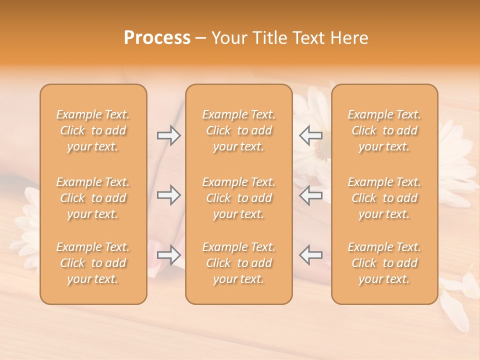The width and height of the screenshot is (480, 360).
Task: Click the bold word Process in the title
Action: click(x=157, y=38)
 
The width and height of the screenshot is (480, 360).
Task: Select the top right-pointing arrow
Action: click(x=168, y=135)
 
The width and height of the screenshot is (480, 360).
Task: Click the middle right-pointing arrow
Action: click(x=168, y=195)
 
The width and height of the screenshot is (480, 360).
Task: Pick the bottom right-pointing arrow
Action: click(x=168, y=255)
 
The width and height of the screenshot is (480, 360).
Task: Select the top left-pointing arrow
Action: click(x=311, y=135)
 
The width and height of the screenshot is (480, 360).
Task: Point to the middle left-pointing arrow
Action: click(x=311, y=195)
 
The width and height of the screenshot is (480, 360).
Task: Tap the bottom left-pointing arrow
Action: click(x=311, y=255)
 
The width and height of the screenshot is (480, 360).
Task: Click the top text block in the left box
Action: click(x=93, y=130)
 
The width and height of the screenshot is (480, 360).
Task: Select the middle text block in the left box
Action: click(x=93, y=198)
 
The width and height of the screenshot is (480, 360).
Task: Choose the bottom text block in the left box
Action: click(x=93, y=263)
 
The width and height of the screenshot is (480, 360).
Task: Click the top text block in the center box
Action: click(x=239, y=130)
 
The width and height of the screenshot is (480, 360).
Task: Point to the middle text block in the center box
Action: click(x=239, y=198)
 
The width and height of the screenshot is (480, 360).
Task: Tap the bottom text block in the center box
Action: click(x=239, y=263)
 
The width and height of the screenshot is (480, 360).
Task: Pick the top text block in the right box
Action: click(x=384, y=130)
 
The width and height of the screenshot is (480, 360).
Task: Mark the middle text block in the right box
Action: click(x=384, y=198)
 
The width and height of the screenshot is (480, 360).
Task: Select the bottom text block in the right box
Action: click(x=384, y=263)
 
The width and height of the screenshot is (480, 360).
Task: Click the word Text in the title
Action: click(x=306, y=38)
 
